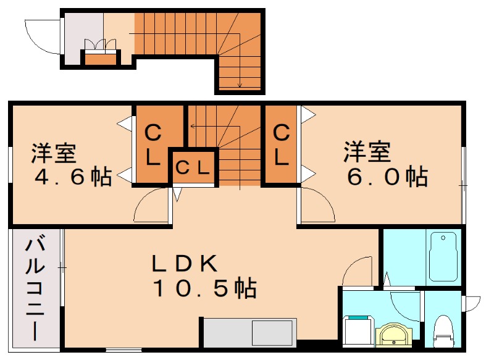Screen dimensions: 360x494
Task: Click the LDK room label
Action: (184, 264)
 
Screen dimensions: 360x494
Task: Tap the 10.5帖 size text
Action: (204, 288)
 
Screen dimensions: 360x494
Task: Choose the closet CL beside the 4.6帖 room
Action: (153, 144)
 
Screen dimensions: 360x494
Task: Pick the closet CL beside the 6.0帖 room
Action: (281, 144)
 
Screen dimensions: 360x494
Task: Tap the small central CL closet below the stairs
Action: (193, 167)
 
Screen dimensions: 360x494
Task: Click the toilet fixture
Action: (442, 329)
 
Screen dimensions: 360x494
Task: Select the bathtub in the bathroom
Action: (442, 256)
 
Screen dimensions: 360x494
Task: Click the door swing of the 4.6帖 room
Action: (151, 206)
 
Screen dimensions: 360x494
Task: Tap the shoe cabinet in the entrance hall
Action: (100, 59)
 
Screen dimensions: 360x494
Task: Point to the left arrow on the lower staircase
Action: (193, 126)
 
